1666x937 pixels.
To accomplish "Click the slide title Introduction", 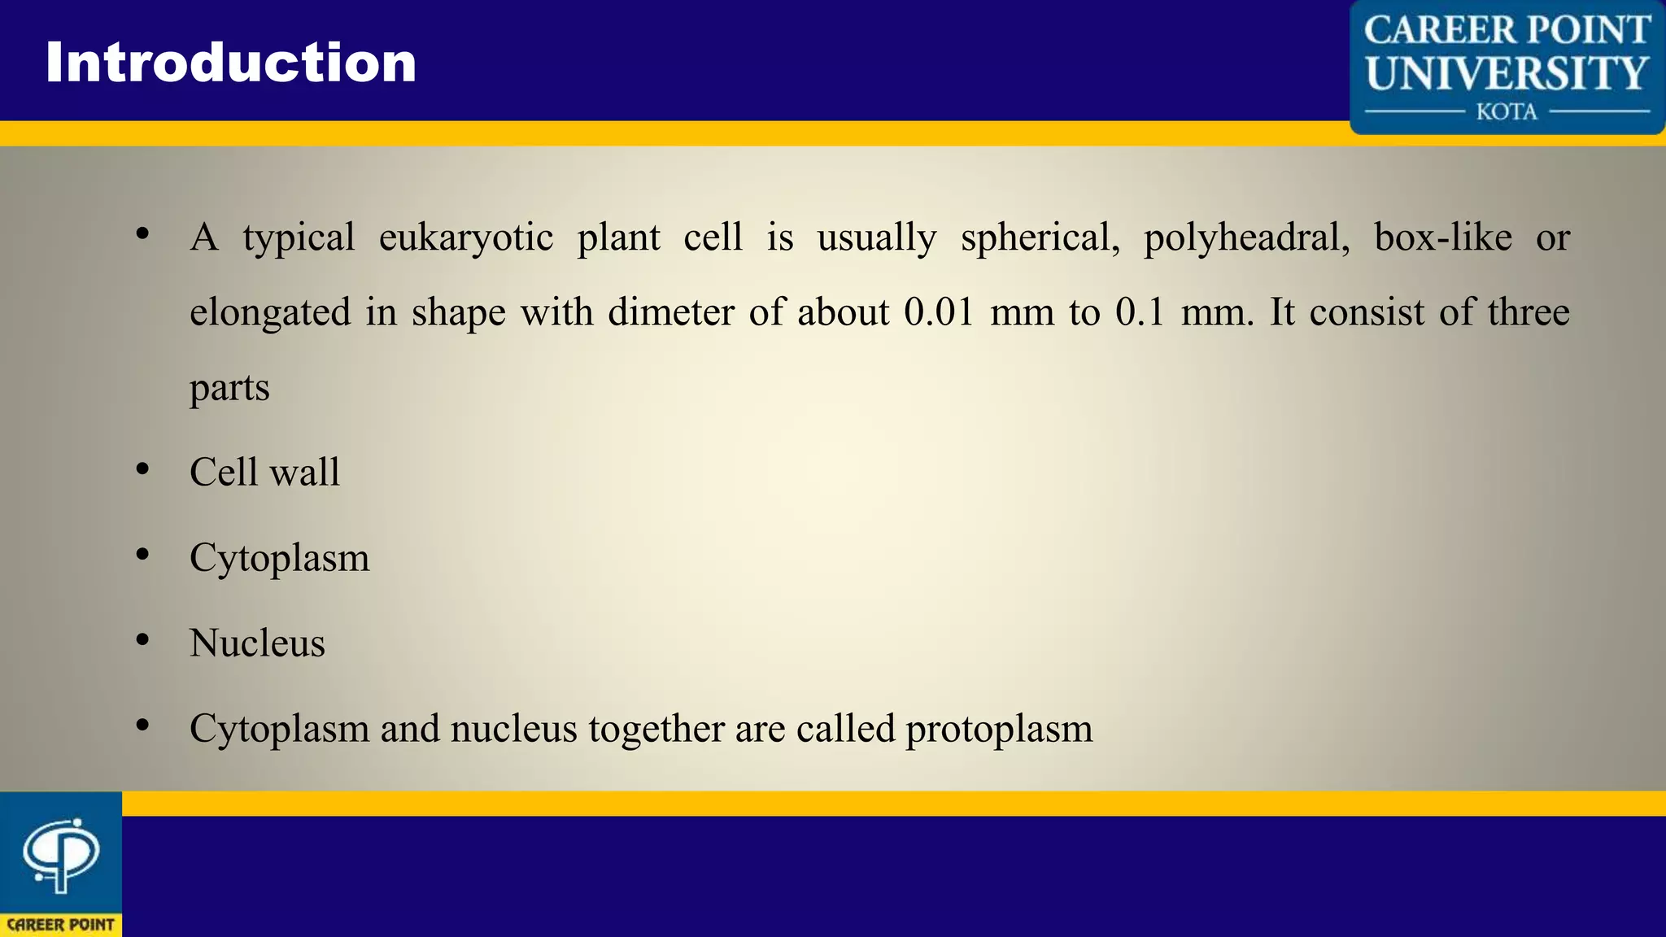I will (231, 63).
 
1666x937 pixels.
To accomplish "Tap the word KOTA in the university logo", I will (1507, 111).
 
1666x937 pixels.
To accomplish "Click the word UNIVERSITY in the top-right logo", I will (1507, 73).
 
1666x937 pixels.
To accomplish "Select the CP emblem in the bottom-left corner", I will (61, 855).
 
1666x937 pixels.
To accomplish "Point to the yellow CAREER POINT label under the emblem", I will (61, 925).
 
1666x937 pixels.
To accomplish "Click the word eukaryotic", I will (466, 238).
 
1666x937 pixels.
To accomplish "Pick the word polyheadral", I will (1246, 238).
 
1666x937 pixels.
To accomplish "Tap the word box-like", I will (1443, 237).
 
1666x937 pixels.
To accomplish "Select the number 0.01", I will (939, 312).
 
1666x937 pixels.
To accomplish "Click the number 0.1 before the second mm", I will (1140, 312).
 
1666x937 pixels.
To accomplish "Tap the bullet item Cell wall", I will (264, 472).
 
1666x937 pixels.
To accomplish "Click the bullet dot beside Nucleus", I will (143, 640).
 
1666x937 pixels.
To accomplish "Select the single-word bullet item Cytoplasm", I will (279, 559).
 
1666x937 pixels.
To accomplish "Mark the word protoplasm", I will (999, 730).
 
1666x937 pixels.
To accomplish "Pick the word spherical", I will (1040, 238).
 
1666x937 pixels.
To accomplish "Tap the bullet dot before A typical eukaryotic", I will (143, 234).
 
